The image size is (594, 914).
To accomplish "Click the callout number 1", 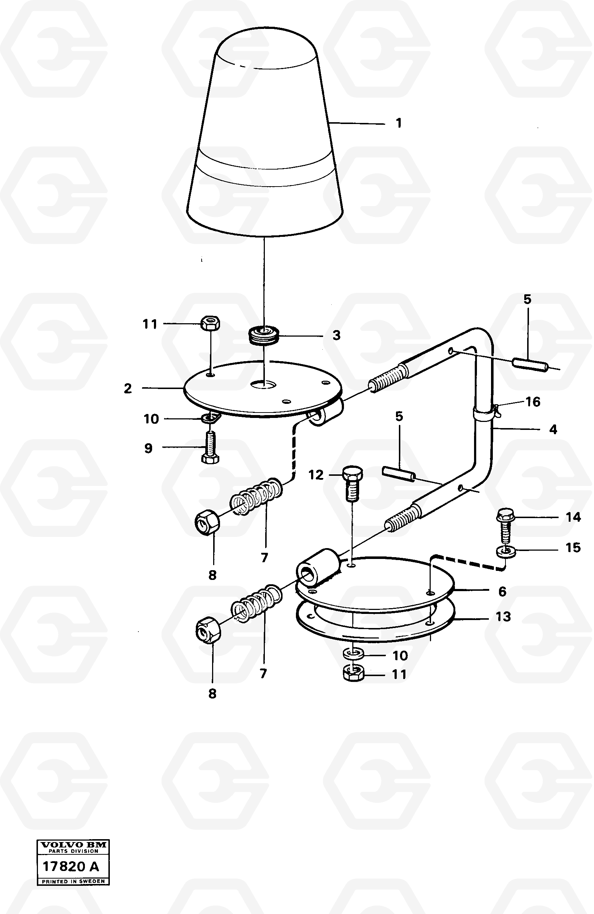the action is pos(399,123).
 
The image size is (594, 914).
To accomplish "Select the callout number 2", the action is pos(128,389).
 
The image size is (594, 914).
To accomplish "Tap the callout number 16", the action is pos(533,402).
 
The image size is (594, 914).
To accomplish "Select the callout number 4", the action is pos(553,430).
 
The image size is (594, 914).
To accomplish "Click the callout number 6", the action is pos(502,591).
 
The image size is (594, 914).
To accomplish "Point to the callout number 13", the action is pos(503,617).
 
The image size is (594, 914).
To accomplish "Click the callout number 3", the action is pos(336,335).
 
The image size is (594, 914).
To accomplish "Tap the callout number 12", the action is pos(316,475).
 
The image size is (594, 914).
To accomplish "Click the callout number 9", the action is pos(148,448).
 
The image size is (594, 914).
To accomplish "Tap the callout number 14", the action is pos(573,517).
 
